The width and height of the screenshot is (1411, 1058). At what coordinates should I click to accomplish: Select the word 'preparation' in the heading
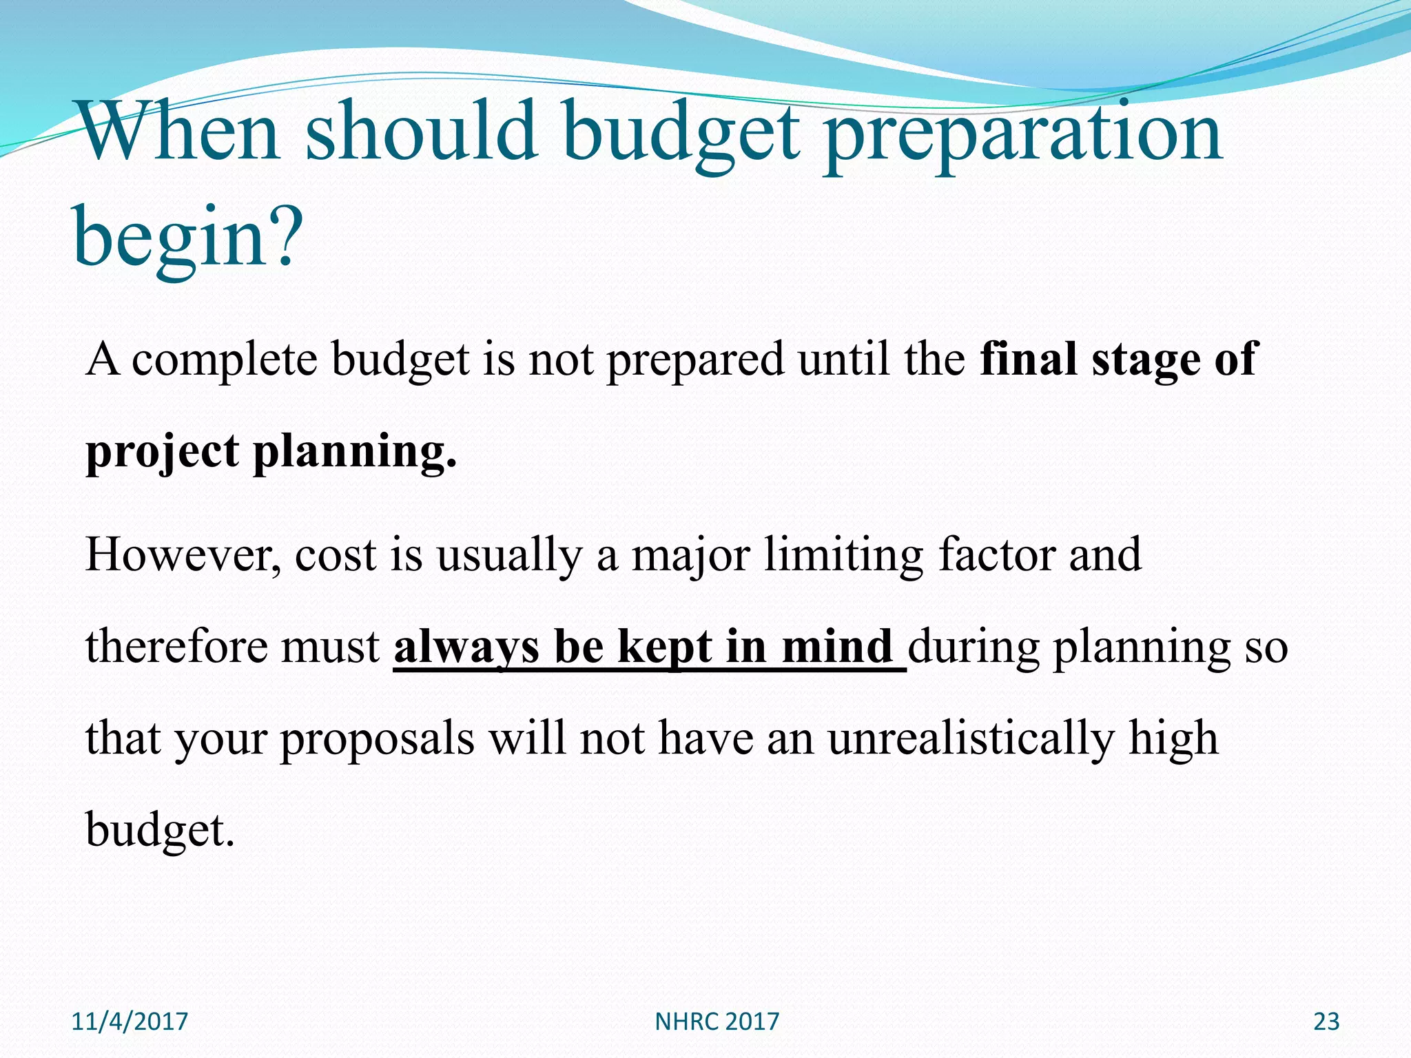(1022, 134)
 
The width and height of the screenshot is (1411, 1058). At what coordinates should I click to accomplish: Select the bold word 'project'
(162, 453)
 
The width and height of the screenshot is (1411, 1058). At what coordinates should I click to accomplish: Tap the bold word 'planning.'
(355, 453)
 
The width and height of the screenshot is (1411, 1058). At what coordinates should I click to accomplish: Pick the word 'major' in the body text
(690, 557)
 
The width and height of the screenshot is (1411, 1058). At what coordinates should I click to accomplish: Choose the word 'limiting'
(843, 557)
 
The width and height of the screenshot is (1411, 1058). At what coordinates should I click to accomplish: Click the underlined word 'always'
(466, 648)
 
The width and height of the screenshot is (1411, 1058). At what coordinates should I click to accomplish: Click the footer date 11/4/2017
(130, 1021)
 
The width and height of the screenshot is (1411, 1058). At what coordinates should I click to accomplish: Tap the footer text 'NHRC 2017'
(717, 1021)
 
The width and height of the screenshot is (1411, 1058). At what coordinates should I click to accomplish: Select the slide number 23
(1326, 1021)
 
